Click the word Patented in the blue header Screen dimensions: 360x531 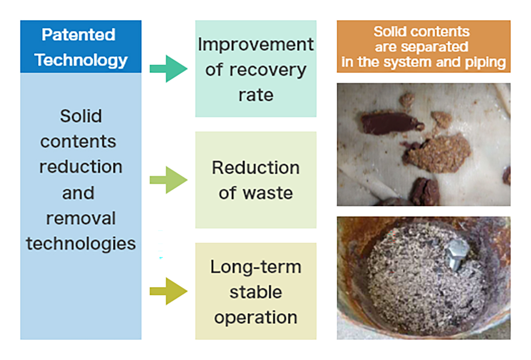click(78, 34)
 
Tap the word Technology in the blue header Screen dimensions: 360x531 click(81, 60)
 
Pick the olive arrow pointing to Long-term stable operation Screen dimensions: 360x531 click(168, 291)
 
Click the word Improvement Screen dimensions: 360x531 click(256, 44)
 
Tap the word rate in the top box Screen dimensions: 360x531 click(256, 95)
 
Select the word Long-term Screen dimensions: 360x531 click(256, 267)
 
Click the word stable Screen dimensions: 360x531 click(256, 292)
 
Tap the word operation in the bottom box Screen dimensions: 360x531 click(256, 318)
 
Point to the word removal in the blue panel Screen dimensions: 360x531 click(81, 218)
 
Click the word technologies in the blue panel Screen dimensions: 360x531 click(81, 243)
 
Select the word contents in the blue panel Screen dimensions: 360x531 click(78, 142)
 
